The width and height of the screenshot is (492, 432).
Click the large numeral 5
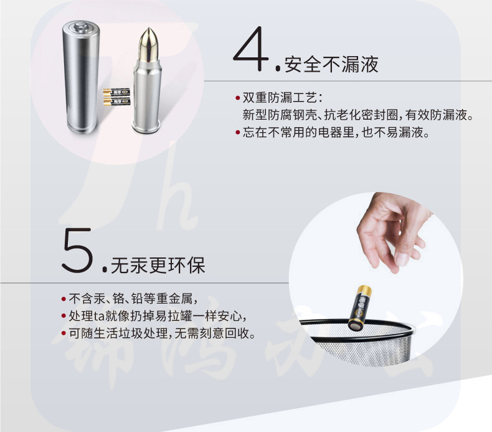pos(77,250)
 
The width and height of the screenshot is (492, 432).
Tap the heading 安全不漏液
pos(331,64)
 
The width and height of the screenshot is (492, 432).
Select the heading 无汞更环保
pos(158,265)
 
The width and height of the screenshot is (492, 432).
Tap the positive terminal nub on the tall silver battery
pos(80,25)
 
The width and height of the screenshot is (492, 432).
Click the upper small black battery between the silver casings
pos(116,92)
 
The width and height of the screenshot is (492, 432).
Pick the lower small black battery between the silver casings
pos(116,102)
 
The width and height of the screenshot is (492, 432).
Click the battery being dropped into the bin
pos(360,307)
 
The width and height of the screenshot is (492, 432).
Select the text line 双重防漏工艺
pos(282,98)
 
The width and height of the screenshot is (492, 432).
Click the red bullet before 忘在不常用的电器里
pos(237,132)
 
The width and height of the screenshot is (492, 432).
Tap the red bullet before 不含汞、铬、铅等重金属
pos(64,299)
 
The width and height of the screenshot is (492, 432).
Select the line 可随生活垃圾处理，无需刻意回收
pos(162,334)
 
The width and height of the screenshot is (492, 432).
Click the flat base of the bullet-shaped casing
pos(147,129)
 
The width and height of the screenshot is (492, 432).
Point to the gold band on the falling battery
pos(364,290)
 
